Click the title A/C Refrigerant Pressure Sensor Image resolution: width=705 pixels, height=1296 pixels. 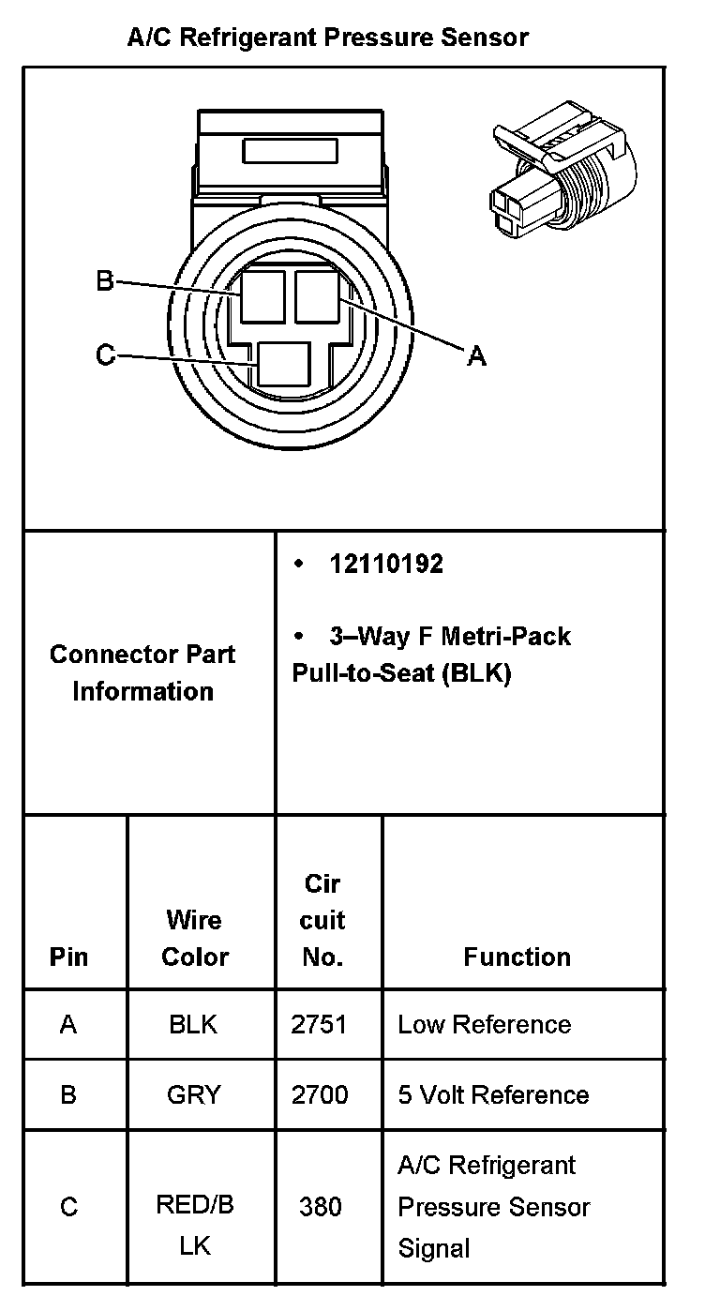tap(328, 38)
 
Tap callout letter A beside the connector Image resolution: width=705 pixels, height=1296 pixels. tap(476, 356)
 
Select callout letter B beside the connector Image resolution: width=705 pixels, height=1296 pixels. tap(105, 280)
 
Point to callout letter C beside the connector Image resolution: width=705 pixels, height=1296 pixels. tap(105, 354)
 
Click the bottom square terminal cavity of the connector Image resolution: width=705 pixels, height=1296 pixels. tap(284, 363)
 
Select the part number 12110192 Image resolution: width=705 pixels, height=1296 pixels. tap(385, 565)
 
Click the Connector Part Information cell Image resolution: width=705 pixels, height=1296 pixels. tap(142, 672)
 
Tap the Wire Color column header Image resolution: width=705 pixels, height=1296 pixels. tap(195, 938)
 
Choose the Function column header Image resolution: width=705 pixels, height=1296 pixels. tap(517, 957)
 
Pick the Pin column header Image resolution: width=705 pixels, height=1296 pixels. tap(68, 957)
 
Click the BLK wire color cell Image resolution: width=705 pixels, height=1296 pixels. tap(193, 1024)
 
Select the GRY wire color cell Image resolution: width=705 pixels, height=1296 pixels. tap(193, 1094)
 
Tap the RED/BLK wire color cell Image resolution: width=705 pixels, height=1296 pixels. tap(194, 1225)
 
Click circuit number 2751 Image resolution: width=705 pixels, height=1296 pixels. tap(320, 1024)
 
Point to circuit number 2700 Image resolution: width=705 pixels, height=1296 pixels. tap(320, 1094)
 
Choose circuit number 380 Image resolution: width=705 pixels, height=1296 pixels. tap(320, 1207)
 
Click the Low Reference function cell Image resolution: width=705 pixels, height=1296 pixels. tap(484, 1024)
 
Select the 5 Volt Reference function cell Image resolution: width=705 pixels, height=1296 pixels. tap(493, 1094)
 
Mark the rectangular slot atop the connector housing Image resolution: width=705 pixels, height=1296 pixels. tap(290, 151)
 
